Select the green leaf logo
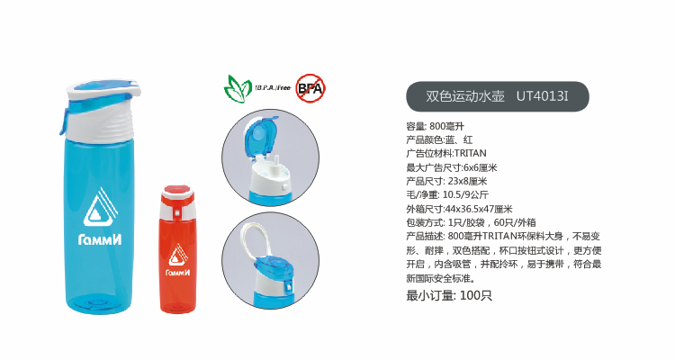238,88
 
